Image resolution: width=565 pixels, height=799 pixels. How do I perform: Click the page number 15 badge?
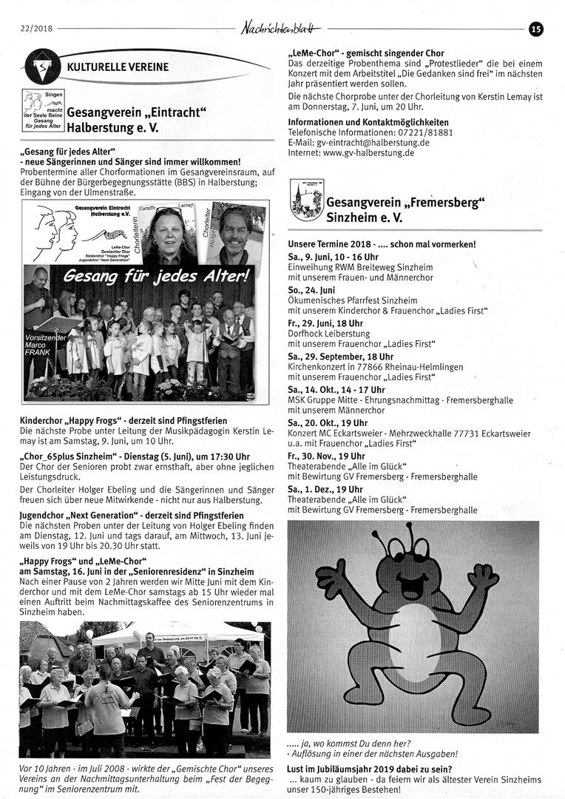click(x=536, y=29)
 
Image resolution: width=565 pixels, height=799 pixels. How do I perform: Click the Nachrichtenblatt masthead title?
click(x=281, y=29)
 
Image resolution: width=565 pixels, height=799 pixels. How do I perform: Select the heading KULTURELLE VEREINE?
click(x=118, y=67)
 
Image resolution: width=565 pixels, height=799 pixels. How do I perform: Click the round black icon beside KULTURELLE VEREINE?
click(x=43, y=66)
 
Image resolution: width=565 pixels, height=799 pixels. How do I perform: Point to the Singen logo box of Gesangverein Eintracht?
click(x=43, y=111)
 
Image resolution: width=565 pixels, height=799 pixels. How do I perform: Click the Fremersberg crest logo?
click(x=305, y=200)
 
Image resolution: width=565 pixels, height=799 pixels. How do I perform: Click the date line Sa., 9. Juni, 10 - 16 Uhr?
click(x=333, y=257)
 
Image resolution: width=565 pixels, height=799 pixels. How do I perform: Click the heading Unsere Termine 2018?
click(x=334, y=243)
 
